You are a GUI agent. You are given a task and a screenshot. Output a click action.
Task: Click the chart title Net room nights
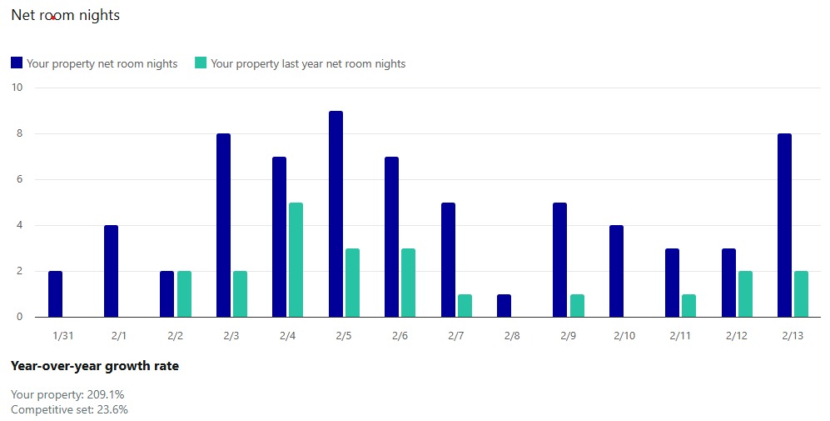click(x=65, y=15)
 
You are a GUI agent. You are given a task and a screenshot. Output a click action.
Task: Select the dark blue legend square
click(x=16, y=63)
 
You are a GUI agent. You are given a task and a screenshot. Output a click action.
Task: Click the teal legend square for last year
click(x=201, y=63)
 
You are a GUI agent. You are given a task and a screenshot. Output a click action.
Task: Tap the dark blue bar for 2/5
click(x=335, y=214)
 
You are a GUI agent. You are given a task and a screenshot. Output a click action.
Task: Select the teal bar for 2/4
click(x=296, y=260)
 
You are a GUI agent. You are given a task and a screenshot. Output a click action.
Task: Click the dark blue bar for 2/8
click(x=504, y=305)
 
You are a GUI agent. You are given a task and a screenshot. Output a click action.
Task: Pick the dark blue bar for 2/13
click(x=784, y=225)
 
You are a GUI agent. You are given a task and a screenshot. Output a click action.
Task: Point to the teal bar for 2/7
click(x=465, y=305)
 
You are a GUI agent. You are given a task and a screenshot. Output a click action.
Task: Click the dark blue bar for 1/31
click(x=55, y=294)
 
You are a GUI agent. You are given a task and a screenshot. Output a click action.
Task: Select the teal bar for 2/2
click(x=184, y=294)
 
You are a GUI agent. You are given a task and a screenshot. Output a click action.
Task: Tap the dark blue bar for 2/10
click(x=616, y=271)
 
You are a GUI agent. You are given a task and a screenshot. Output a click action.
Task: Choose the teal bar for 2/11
click(x=689, y=305)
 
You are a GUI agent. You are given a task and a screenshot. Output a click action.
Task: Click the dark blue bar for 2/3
click(x=223, y=225)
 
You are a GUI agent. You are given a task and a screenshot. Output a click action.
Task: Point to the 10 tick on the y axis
click(x=17, y=88)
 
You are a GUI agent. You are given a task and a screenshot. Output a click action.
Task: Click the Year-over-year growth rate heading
click(x=94, y=366)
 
